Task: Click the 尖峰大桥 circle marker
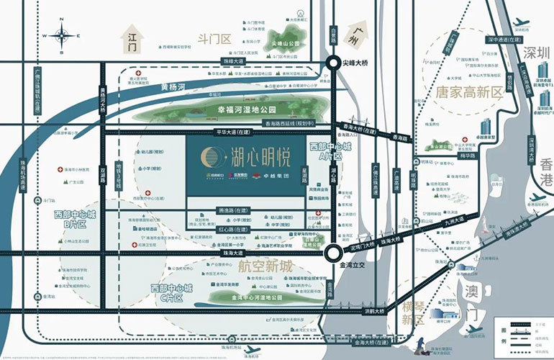point(334,63)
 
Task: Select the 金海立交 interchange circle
point(332,253)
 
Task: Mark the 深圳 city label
point(532,53)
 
